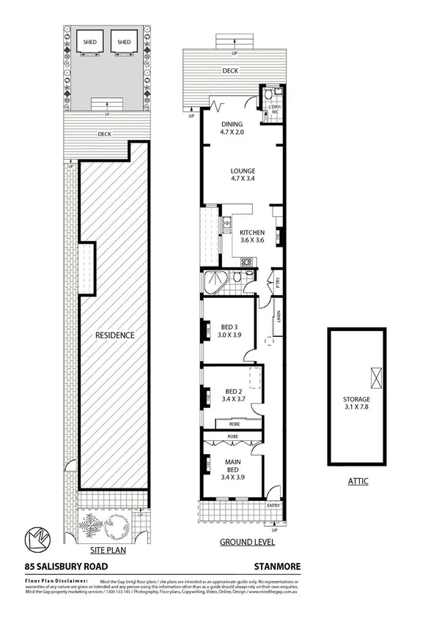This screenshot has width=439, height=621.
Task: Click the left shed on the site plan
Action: click(92, 42)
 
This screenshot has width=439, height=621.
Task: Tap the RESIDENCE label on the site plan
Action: click(115, 335)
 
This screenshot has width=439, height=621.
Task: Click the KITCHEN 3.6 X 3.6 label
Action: click(253, 236)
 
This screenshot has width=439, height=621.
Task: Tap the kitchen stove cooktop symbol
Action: click(247, 262)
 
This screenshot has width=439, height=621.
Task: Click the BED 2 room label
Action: click(233, 396)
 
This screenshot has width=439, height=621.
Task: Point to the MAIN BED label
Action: click(233, 467)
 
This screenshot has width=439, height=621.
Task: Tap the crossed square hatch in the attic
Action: click(377, 377)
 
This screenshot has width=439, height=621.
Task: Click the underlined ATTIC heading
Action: click(358, 481)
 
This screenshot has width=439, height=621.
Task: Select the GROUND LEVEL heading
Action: click(247, 542)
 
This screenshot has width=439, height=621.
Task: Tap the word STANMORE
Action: click(277, 566)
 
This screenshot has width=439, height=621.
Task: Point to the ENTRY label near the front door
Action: click(273, 505)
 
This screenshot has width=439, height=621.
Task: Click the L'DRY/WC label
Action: click(276, 111)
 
